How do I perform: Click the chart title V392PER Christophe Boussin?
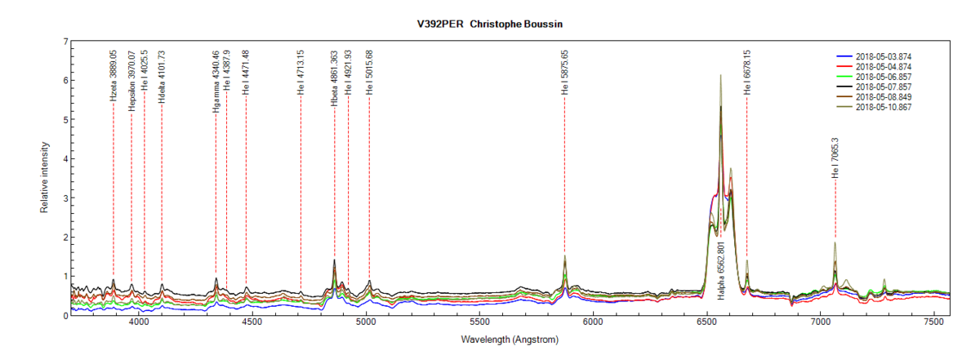coord(489,24)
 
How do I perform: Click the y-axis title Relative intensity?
coord(44,178)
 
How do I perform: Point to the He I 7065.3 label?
coord(835,158)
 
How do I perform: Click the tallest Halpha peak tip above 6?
coord(720,75)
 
